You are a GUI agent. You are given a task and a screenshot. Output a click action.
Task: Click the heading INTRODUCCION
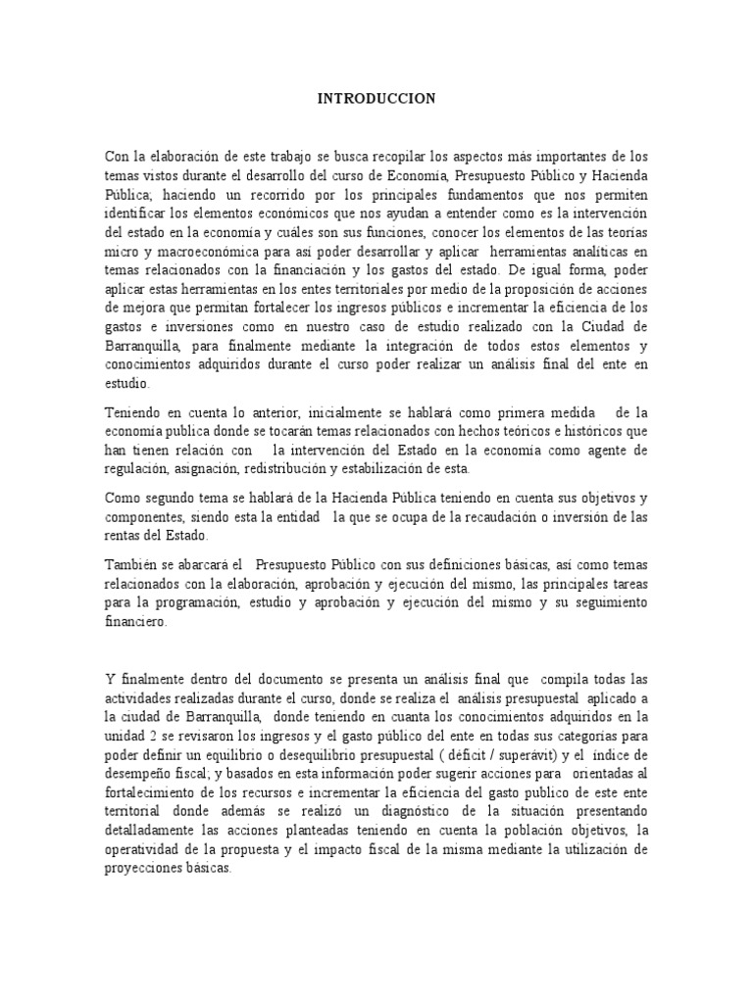376,99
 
